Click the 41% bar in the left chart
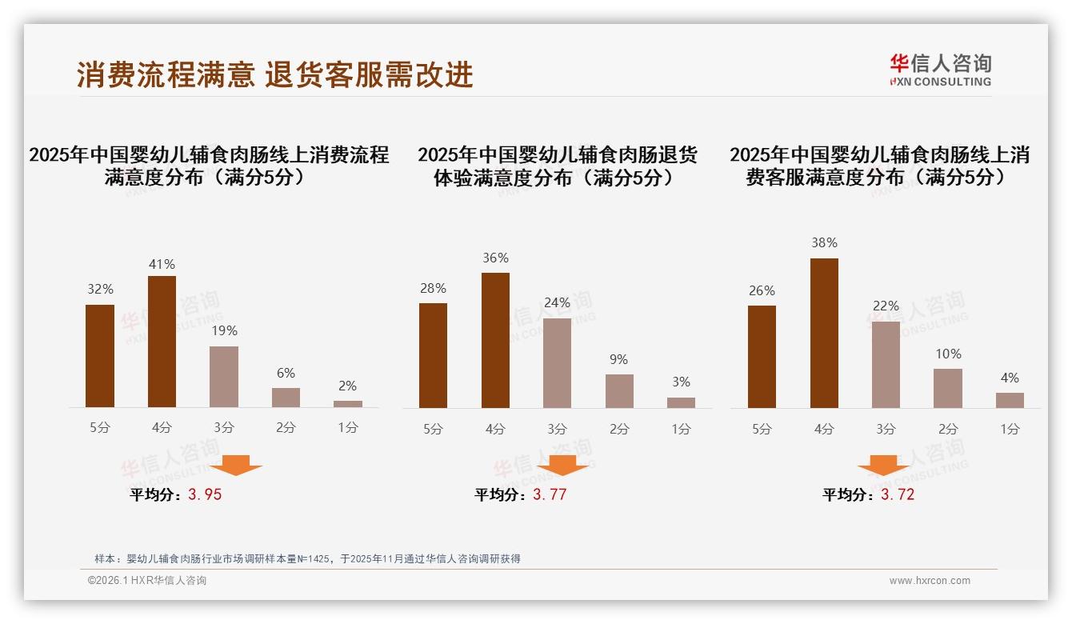click(x=162, y=342)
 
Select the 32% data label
click(x=100, y=290)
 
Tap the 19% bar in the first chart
click(x=224, y=377)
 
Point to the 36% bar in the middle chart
click(x=495, y=340)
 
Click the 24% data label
click(x=557, y=303)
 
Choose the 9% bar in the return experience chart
click(x=619, y=391)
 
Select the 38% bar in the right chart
click(x=824, y=333)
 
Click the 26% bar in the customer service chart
click(x=762, y=357)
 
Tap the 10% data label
click(x=948, y=354)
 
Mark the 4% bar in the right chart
click(x=1010, y=400)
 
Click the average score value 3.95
click(x=205, y=494)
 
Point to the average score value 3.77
click(x=550, y=494)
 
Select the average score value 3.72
click(x=898, y=494)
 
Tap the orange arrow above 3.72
click(x=883, y=466)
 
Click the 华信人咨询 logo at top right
click(x=940, y=70)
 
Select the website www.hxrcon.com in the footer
click(x=930, y=581)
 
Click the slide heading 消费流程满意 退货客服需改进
click(x=275, y=74)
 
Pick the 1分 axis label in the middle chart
click(x=681, y=429)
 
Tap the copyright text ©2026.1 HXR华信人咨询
click(x=147, y=581)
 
